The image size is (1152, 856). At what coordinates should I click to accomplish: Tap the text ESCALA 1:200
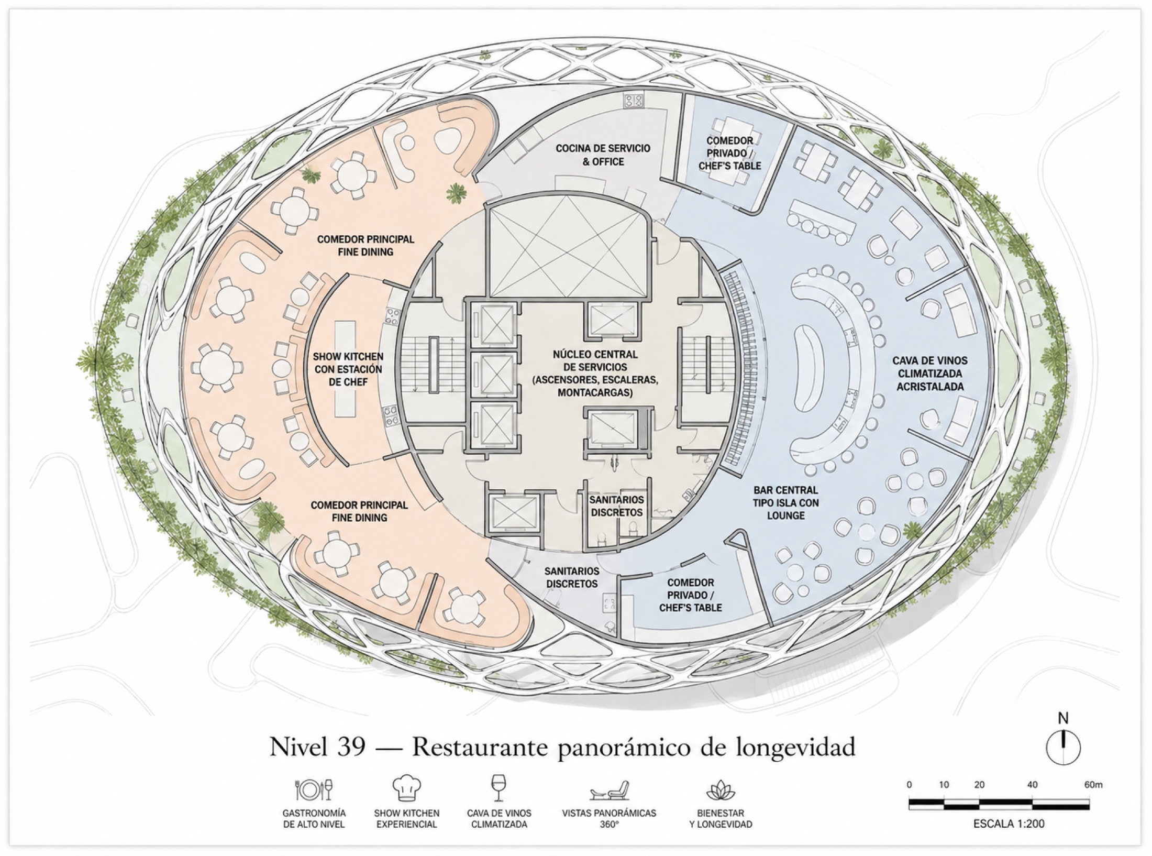1009,824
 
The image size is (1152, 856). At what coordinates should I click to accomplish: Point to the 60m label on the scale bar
1093,785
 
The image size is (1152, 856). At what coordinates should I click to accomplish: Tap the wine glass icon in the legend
499,788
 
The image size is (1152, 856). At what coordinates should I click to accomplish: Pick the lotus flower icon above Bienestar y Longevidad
721,790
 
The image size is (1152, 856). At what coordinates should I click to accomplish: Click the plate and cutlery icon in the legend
314,789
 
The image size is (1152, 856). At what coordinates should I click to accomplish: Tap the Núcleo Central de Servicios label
595,374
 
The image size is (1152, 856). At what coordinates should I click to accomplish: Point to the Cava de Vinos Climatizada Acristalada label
929,374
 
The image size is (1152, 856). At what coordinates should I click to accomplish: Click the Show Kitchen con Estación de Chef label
348,369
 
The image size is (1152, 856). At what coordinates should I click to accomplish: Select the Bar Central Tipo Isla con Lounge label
785,502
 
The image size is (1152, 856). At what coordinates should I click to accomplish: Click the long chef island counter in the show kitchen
345,369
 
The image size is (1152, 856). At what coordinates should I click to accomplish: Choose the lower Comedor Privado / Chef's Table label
690,595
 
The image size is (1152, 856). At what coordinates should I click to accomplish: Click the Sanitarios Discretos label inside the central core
616,506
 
